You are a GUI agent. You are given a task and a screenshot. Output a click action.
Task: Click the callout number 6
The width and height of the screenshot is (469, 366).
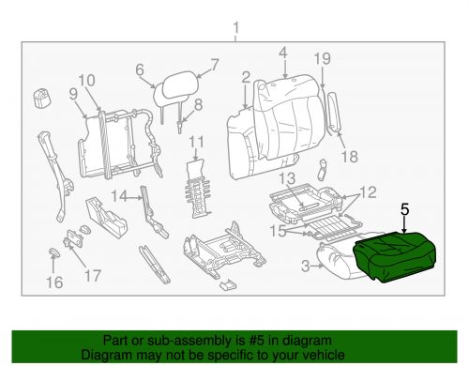[140, 68]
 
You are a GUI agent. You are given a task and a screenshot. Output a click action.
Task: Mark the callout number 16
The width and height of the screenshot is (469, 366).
[55, 282]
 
